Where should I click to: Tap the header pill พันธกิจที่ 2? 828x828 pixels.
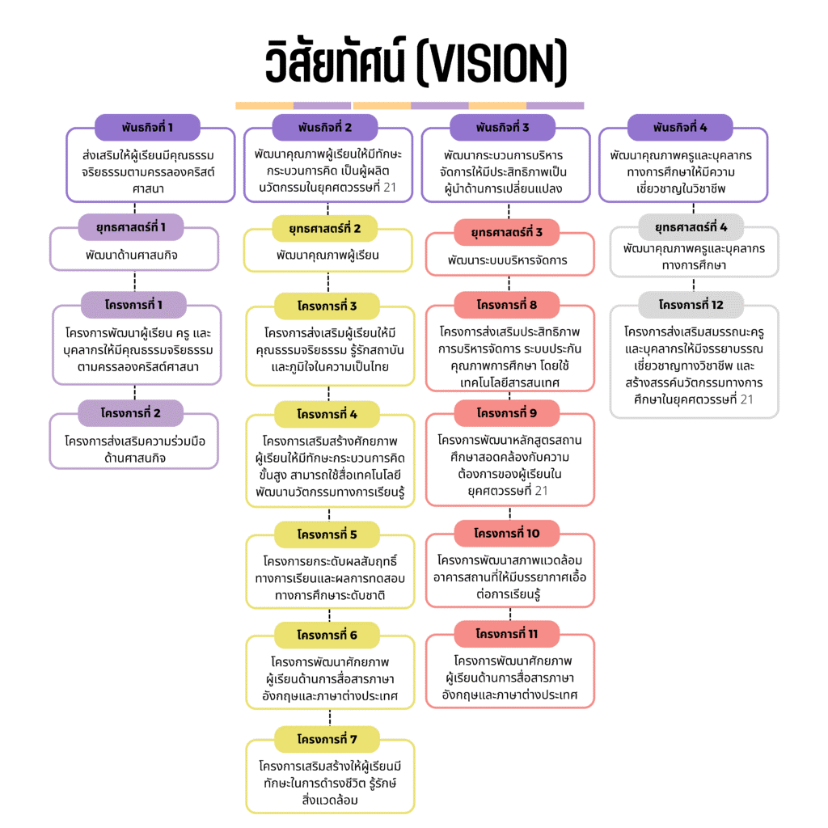pos(325,128)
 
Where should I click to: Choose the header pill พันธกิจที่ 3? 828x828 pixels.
pos(502,128)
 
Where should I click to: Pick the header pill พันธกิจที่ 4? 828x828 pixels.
pos(680,128)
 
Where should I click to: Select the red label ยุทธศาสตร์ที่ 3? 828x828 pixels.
pos(507,233)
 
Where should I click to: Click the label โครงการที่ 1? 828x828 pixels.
pos(134,305)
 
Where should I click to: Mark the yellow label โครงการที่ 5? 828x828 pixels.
pos(327,534)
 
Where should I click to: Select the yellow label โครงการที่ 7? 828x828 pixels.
pos(327,739)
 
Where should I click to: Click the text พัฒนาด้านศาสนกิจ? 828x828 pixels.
pos(133,255)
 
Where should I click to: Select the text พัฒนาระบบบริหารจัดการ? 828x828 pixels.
pos(508,260)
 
